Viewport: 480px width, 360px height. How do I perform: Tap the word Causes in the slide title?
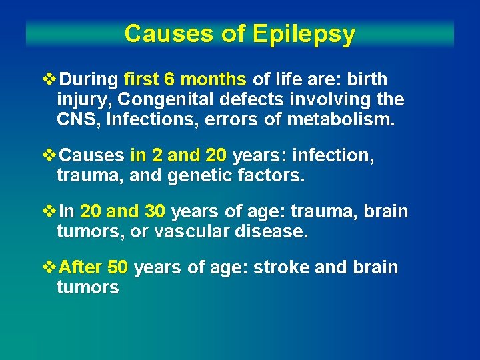(x=157, y=33)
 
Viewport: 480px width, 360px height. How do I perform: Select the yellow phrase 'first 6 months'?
(x=185, y=79)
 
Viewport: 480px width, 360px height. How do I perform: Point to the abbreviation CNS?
(x=76, y=121)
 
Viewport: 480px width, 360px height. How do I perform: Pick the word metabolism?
(x=351, y=121)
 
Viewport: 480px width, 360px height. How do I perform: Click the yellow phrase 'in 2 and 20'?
(x=179, y=156)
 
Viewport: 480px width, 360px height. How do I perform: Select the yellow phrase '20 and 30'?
(x=123, y=211)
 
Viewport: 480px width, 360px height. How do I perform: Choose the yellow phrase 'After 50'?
(x=94, y=267)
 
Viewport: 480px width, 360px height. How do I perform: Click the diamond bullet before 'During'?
(x=49, y=79)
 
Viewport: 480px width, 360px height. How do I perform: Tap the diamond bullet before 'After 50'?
(x=49, y=267)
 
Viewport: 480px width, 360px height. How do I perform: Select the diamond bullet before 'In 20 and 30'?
(x=49, y=211)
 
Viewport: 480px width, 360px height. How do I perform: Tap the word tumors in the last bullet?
(x=87, y=288)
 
